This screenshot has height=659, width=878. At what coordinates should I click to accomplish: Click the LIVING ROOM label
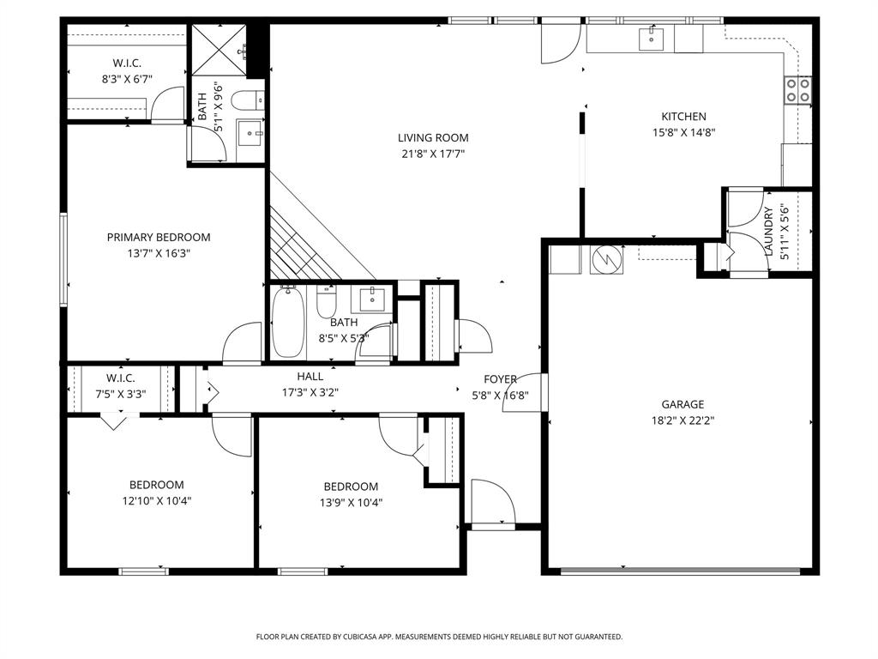433,137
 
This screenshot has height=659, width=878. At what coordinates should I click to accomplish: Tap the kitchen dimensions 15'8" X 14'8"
683,133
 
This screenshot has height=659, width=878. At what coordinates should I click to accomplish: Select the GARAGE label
683,404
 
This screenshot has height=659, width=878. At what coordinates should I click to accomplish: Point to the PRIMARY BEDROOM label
159,238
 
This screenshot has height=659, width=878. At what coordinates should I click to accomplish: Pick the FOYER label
500,379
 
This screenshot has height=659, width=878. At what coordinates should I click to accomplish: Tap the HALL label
310,376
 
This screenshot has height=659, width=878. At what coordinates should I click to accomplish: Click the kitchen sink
652,38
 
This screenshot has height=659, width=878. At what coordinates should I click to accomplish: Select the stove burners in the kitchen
798,90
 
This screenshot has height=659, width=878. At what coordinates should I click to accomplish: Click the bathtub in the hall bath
287,327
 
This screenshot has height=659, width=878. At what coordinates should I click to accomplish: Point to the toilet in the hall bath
327,302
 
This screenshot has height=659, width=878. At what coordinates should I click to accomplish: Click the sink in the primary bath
250,133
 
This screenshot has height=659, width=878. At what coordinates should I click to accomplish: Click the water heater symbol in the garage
606,258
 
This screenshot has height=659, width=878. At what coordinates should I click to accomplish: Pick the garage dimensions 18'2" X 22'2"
683,420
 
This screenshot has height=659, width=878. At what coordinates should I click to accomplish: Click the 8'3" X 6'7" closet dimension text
127,80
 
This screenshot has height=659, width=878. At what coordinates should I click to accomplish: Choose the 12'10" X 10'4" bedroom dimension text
156,501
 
